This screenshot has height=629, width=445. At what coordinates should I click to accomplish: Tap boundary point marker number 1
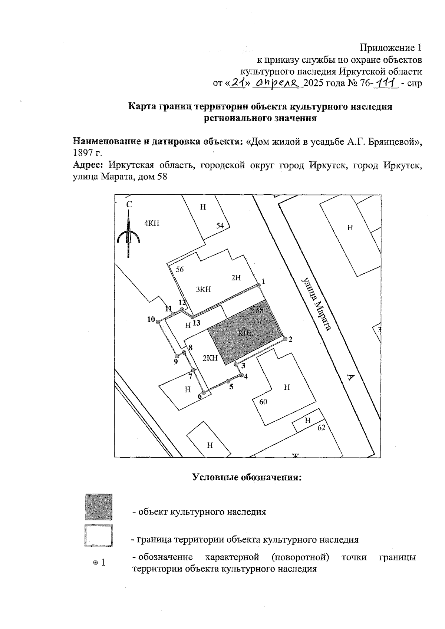click(258, 285)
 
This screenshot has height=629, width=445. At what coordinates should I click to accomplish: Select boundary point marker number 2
click(285, 339)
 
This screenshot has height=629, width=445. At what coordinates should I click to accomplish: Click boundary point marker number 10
click(157, 322)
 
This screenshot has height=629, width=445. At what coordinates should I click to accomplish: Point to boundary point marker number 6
click(203, 392)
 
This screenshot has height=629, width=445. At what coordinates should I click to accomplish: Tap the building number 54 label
click(220, 225)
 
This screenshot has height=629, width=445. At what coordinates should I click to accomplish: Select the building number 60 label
click(263, 402)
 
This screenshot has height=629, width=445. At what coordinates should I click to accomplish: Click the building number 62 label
click(321, 428)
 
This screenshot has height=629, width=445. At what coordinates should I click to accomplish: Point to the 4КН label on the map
click(152, 223)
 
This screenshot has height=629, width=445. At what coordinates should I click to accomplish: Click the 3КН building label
click(203, 289)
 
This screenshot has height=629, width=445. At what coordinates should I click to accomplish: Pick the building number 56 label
click(179, 270)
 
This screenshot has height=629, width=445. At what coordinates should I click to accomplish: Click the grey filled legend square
click(98, 507)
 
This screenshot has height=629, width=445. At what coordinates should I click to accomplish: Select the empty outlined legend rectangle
click(98, 535)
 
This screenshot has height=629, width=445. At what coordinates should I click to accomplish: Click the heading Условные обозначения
click(247, 477)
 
